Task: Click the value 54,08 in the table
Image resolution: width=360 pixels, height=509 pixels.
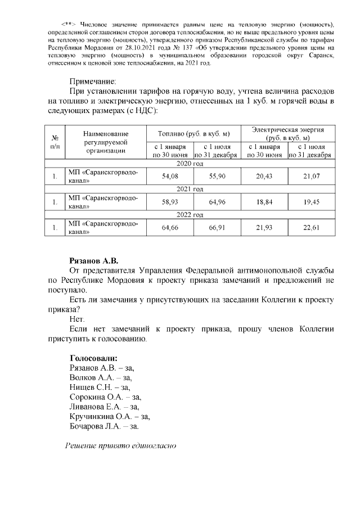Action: point(169,176)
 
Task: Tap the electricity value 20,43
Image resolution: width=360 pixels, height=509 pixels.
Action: point(264,176)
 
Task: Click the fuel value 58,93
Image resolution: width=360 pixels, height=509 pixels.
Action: point(169,201)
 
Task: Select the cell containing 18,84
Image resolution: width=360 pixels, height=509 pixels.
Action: point(264,201)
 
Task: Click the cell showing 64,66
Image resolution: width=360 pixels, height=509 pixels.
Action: point(169,227)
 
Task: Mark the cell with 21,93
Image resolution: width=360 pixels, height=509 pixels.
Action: point(264,227)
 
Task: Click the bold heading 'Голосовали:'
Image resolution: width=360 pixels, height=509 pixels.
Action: point(93,358)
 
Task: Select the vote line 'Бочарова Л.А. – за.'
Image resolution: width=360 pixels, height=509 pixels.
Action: point(103,427)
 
